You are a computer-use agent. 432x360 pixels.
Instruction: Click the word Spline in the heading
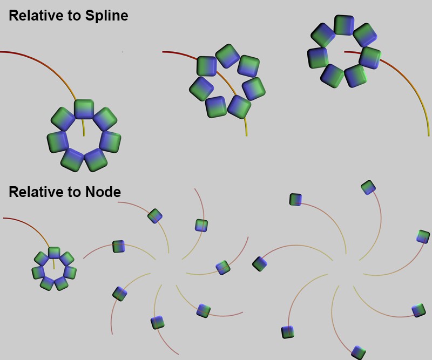(x=106, y=16)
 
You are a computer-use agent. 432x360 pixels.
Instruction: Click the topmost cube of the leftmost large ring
(x=84, y=109)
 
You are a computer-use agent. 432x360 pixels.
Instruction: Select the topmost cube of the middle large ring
(x=227, y=55)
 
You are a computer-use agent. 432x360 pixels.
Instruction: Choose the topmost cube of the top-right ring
(x=343, y=25)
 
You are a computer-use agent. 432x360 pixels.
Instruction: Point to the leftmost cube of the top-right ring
(x=318, y=58)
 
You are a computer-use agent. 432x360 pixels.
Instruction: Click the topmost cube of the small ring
(x=54, y=253)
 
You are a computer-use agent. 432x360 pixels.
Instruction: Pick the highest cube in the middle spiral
(x=155, y=216)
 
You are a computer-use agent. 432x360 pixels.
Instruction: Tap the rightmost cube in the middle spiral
(x=223, y=268)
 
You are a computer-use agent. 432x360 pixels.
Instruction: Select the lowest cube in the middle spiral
(x=157, y=322)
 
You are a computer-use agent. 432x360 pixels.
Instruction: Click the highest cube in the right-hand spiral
(x=368, y=187)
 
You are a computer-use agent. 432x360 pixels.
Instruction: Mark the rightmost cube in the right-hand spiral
(x=423, y=236)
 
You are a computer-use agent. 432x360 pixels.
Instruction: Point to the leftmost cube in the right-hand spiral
(x=260, y=263)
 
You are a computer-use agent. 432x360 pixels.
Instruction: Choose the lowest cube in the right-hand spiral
(x=359, y=353)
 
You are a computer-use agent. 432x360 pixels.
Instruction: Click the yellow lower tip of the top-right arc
(x=428, y=134)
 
